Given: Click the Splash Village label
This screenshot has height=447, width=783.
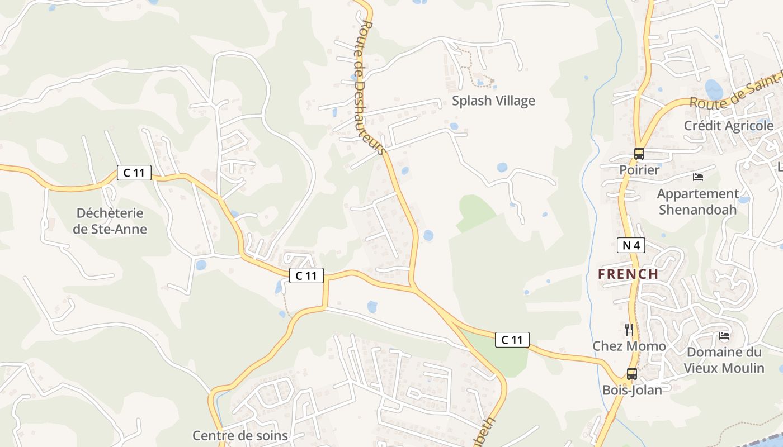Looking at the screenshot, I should (x=493, y=101).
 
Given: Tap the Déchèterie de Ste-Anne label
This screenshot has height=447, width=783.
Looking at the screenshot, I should (x=110, y=221).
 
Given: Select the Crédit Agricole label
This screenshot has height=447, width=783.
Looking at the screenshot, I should (x=728, y=126).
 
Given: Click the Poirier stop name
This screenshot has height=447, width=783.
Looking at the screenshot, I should (x=639, y=169).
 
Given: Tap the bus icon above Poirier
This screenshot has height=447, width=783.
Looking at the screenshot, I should (x=639, y=153).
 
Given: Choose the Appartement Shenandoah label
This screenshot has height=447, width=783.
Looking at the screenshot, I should (x=697, y=202).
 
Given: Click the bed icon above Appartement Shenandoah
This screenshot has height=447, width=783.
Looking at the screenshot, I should (x=697, y=177).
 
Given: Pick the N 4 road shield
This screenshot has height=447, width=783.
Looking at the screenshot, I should (x=631, y=245).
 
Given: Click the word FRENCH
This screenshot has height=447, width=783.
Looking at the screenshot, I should (x=628, y=274).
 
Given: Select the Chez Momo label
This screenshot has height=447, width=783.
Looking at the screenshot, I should (x=629, y=346).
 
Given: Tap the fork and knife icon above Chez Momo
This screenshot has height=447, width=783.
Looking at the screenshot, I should (x=629, y=329).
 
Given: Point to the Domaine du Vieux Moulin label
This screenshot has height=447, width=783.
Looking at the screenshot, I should (x=724, y=360).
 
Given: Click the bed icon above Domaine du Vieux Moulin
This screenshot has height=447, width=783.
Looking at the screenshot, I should (x=724, y=336).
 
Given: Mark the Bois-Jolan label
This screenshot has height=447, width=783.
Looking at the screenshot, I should (x=632, y=390).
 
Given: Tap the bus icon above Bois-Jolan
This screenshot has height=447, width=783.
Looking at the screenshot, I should (x=631, y=374).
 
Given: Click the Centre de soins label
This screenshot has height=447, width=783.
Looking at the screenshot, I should (x=240, y=436).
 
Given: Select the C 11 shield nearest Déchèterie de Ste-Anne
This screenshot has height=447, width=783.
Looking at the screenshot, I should (x=134, y=173).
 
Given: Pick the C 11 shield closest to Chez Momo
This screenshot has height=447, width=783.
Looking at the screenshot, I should (x=512, y=339).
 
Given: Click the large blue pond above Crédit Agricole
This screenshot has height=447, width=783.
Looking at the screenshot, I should (x=714, y=89).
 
